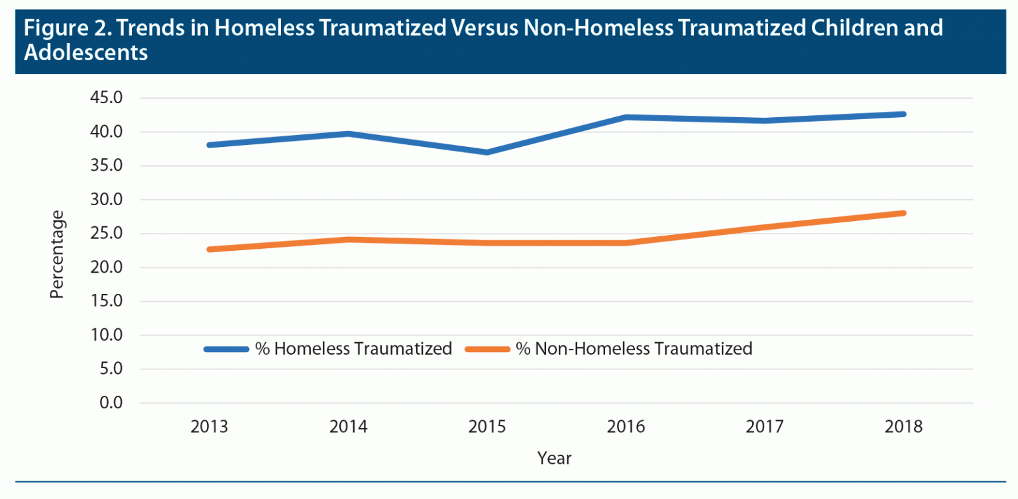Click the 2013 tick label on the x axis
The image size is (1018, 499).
tap(209, 427)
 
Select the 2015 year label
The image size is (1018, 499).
tap(487, 427)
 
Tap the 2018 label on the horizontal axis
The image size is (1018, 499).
tap(903, 427)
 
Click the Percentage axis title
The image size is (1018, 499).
tap(58, 254)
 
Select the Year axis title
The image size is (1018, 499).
tap(555, 458)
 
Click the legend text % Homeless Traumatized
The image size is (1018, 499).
tap(353, 349)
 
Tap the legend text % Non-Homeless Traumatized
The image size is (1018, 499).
tap(634, 349)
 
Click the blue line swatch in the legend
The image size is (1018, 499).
tap(227, 349)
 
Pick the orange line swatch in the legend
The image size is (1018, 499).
tap(487, 349)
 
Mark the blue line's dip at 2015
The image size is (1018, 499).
tap(487, 152)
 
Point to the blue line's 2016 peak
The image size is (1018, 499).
tap(626, 117)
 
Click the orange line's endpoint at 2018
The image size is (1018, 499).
tap(903, 213)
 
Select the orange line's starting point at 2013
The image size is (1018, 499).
tap(209, 250)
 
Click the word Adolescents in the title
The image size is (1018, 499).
tap(85, 53)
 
